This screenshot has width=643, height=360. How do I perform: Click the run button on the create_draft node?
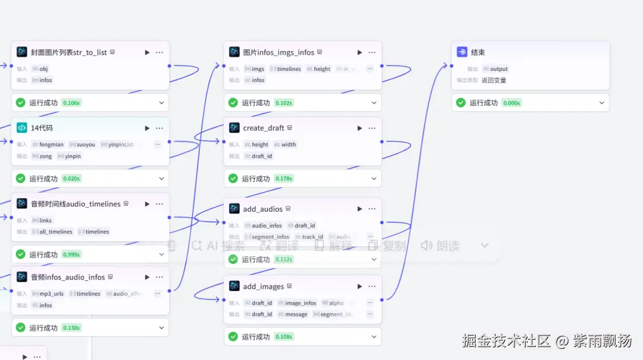360,128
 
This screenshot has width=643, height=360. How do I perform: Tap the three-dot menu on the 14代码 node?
160,128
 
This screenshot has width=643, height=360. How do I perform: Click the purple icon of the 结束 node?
462,52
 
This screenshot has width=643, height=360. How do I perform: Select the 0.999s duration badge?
71,255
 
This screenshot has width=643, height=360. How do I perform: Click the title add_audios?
263,209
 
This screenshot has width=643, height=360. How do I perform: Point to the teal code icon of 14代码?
22,128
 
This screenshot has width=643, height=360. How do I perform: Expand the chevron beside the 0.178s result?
374,179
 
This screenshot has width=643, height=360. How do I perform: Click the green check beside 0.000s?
461,103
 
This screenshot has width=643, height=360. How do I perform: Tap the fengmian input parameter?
51,145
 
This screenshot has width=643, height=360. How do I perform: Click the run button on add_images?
360,286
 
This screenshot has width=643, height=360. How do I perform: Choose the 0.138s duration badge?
71,328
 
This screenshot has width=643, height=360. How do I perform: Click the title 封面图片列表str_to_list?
69,52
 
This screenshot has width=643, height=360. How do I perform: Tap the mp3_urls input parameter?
51,294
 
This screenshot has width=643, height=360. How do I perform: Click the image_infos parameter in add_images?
301,303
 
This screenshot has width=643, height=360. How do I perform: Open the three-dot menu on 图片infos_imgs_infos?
372,52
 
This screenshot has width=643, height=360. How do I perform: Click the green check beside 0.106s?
21,103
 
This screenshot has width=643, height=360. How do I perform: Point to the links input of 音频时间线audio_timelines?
45,221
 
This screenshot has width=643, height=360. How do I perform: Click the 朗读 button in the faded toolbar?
440,246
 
